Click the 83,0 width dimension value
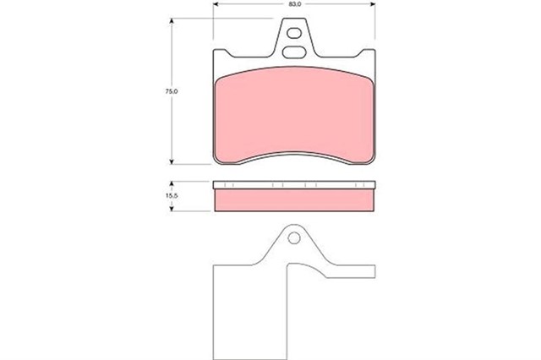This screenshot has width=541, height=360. coord(294,4)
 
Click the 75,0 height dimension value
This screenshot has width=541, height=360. coord(171,91)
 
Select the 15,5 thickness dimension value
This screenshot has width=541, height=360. coord(171,195)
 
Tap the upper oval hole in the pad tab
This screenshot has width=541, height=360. coord(294,33)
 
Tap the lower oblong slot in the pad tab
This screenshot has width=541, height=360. coord(293,52)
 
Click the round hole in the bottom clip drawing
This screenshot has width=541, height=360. coord(294,238)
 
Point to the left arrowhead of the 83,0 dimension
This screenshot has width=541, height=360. coord(216,4)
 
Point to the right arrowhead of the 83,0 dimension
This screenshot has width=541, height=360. coord(373,4)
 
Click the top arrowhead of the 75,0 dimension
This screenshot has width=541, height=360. coord(171,20)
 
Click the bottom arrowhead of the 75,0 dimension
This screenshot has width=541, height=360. coord(171,161)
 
